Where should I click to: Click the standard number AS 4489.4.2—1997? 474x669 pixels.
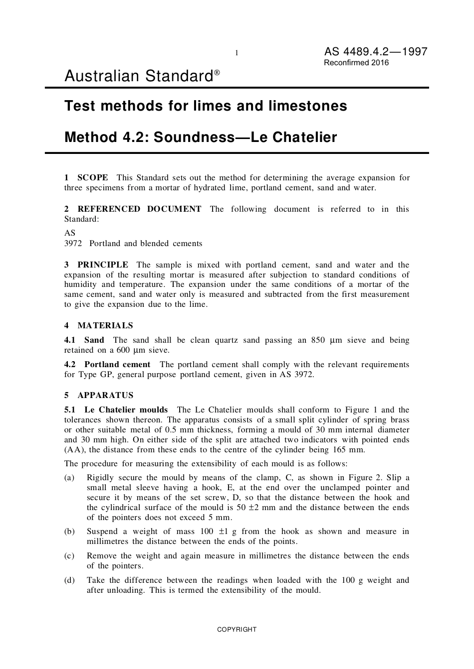375,51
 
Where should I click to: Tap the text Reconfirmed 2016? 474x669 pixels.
356,63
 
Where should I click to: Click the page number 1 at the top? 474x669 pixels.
237,53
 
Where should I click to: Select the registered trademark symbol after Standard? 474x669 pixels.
217,73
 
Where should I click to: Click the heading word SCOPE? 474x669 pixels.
92,177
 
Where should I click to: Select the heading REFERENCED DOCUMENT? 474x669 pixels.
139,209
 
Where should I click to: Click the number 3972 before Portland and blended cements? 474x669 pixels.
73,244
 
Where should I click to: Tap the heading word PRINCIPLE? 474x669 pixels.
102,265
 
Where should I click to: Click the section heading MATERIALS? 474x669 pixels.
105,325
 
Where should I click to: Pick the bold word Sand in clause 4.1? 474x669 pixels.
94,340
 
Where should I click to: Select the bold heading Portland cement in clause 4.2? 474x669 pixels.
117,364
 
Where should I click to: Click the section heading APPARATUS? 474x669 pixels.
105,395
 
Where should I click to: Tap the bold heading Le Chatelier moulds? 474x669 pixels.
126,409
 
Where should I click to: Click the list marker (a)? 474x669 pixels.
69,478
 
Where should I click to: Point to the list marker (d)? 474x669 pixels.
69,580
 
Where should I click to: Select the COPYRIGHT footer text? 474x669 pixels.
237,629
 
